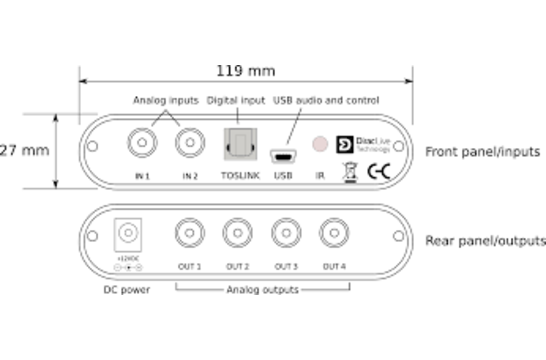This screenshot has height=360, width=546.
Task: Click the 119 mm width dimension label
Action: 246,72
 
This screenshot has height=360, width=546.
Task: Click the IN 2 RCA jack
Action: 189,145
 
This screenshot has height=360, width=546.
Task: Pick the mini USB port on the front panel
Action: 282,156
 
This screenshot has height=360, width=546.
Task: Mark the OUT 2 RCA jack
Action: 236,236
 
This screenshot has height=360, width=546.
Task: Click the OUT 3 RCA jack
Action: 286,236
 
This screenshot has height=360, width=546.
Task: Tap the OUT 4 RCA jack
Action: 334,236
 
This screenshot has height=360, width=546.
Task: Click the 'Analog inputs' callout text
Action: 166,101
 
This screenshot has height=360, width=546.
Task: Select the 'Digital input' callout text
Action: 235,101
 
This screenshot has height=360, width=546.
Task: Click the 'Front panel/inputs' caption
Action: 483,152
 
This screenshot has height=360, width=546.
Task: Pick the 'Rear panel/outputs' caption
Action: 486,241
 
